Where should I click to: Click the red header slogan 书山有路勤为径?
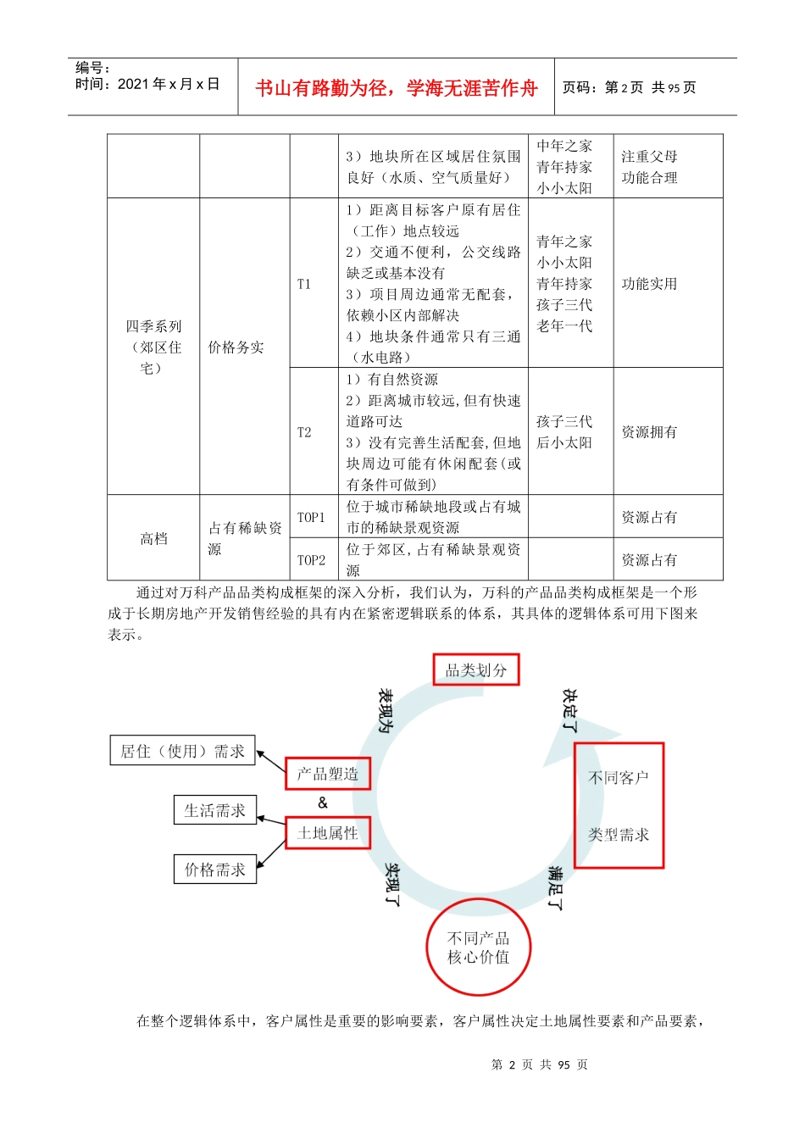(x=396, y=88)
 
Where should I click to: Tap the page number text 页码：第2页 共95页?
(x=629, y=87)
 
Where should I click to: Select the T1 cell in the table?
(x=304, y=284)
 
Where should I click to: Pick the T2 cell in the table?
(x=304, y=432)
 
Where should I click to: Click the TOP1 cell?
(x=311, y=517)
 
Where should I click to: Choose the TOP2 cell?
(x=311, y=560)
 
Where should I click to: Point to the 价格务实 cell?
(x=236, y=347)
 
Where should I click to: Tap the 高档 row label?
(x=153, y=538)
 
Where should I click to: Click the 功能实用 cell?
(x=649, y=284)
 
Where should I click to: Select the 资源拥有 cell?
(x=649, y=432)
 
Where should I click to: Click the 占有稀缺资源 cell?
(x=244, y=538)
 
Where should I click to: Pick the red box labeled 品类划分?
(x=476, y=670)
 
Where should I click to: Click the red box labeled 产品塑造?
(x=328, y=774)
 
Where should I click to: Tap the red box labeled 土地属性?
(x=328, y=833)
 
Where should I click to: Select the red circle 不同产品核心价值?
(x=479, y=947)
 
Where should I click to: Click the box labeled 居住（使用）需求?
(x=182, y=751)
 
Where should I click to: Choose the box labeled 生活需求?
(x=214, y=810)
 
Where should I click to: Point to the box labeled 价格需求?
(x=214, y=870)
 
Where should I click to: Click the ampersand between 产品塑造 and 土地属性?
(x=322, y=803)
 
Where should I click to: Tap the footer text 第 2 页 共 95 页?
(x=540, y=1064)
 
